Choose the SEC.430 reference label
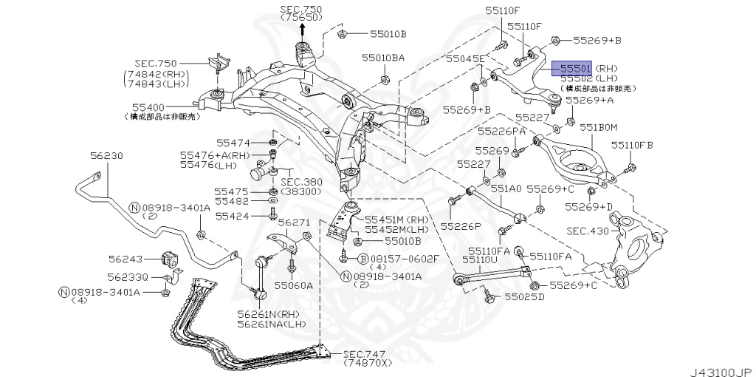click(x=588, y=231)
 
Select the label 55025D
click(x=524, y=297)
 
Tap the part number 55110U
click(x=480, y=259)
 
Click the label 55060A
click(x=293, y=284)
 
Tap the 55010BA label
click(x=383, y=56)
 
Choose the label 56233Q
click(x=127, y=276)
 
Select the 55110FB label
click(x=632, y=145)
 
